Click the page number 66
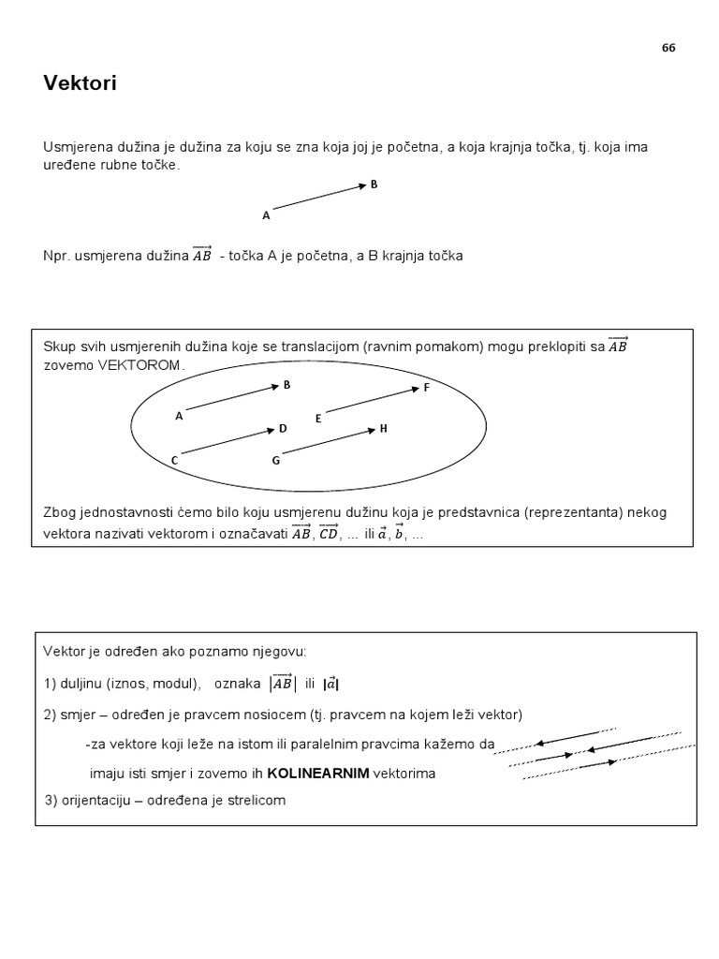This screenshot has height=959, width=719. (668, 49)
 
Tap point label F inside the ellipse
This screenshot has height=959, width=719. (426, 387)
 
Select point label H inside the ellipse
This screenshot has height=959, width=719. (383, 428)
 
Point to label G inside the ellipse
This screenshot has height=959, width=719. (275, 460)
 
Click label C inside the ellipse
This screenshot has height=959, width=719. (174, 461)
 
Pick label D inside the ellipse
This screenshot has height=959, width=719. (282, 428)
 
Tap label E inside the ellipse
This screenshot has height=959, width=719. (318, 419)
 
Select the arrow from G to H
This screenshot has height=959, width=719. (328, 442)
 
